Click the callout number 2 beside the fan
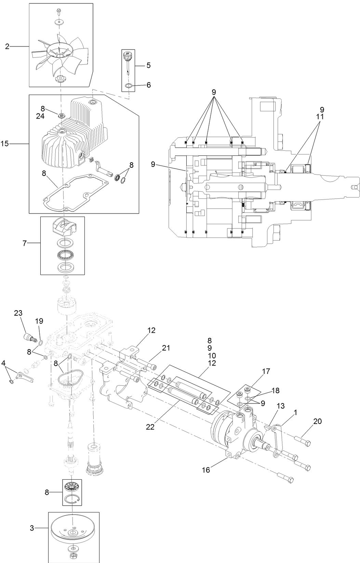point(7,46)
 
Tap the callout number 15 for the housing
point(5,144)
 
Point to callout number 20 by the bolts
point(318,422)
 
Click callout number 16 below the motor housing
point(206,470)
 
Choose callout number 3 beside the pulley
point(32,528)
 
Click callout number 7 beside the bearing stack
point(24,243)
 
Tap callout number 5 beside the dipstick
point(148,65)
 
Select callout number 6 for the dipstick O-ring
point(148,85)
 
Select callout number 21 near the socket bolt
point(166,348)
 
